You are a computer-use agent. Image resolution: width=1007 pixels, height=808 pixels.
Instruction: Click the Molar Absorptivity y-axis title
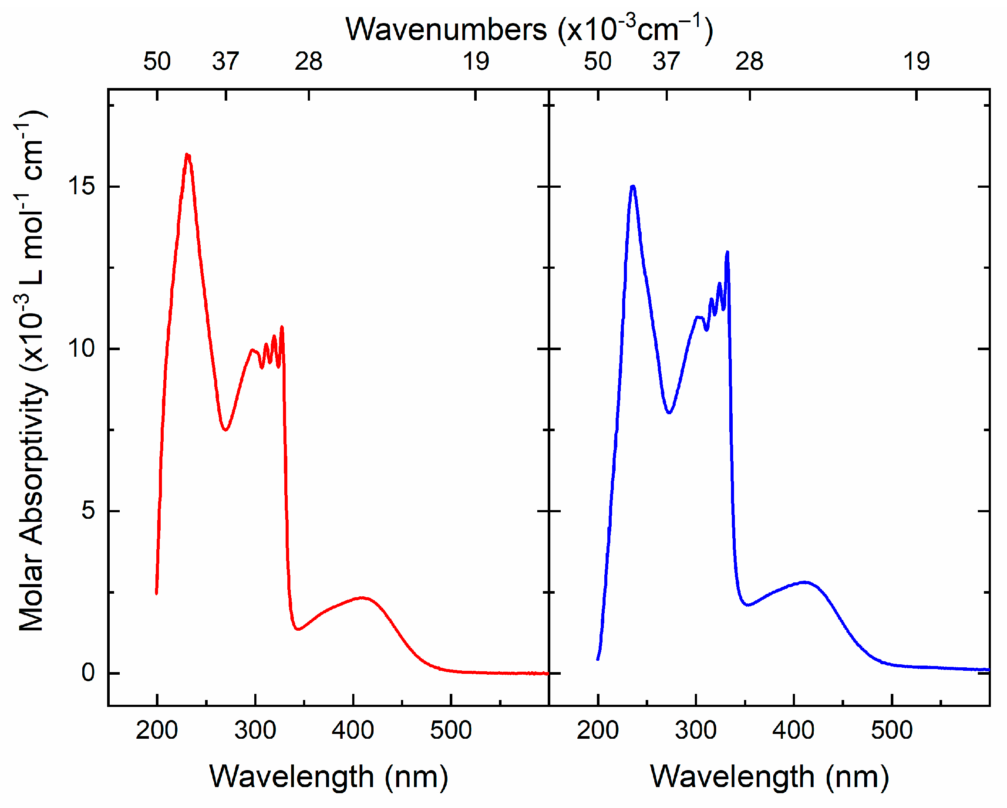click(x=32, y=372)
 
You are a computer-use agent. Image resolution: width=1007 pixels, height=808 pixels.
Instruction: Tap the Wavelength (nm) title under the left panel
click(x=329, y=777)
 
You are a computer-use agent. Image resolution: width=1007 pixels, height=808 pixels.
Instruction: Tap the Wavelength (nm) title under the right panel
click(x=769, y=777)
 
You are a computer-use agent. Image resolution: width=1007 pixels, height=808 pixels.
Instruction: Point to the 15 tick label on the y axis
click(x=81, y=186)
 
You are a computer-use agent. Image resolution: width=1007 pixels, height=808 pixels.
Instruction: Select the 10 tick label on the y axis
click(x=81, y=348)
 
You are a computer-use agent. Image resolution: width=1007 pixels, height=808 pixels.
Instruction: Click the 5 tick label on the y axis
click(x=88, y=511)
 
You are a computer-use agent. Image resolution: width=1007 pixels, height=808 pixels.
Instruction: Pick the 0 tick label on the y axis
click(x=88, y=673)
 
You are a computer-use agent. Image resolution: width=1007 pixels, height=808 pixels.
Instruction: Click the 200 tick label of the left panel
click(x=157, y=730)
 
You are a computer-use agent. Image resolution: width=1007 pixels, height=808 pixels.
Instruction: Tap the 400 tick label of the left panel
click(x=353, y=730)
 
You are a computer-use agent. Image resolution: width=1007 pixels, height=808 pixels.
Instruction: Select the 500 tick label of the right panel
click(x=892, y=730)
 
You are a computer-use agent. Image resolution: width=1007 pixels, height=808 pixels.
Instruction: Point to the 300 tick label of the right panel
click(x=695, y=730)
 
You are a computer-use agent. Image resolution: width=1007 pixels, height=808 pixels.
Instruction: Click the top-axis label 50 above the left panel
click(x=157, y=62)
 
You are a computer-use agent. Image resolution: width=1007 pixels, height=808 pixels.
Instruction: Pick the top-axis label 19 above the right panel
click(x=916, y=62)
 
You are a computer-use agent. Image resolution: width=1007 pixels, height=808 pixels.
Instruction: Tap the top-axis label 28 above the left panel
click(x=308, y=62)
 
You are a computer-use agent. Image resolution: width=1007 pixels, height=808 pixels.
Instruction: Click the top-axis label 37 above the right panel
click(x=666, y=62)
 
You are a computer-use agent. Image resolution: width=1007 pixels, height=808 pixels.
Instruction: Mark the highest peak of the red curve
click(x=187, y=155)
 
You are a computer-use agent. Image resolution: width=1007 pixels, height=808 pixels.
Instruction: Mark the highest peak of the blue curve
click(x=633, y=187)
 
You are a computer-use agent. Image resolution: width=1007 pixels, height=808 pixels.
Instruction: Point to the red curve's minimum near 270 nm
click(x=226, y=429)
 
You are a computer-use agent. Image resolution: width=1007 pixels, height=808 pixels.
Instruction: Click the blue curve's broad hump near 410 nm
click(x=804, y=582)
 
